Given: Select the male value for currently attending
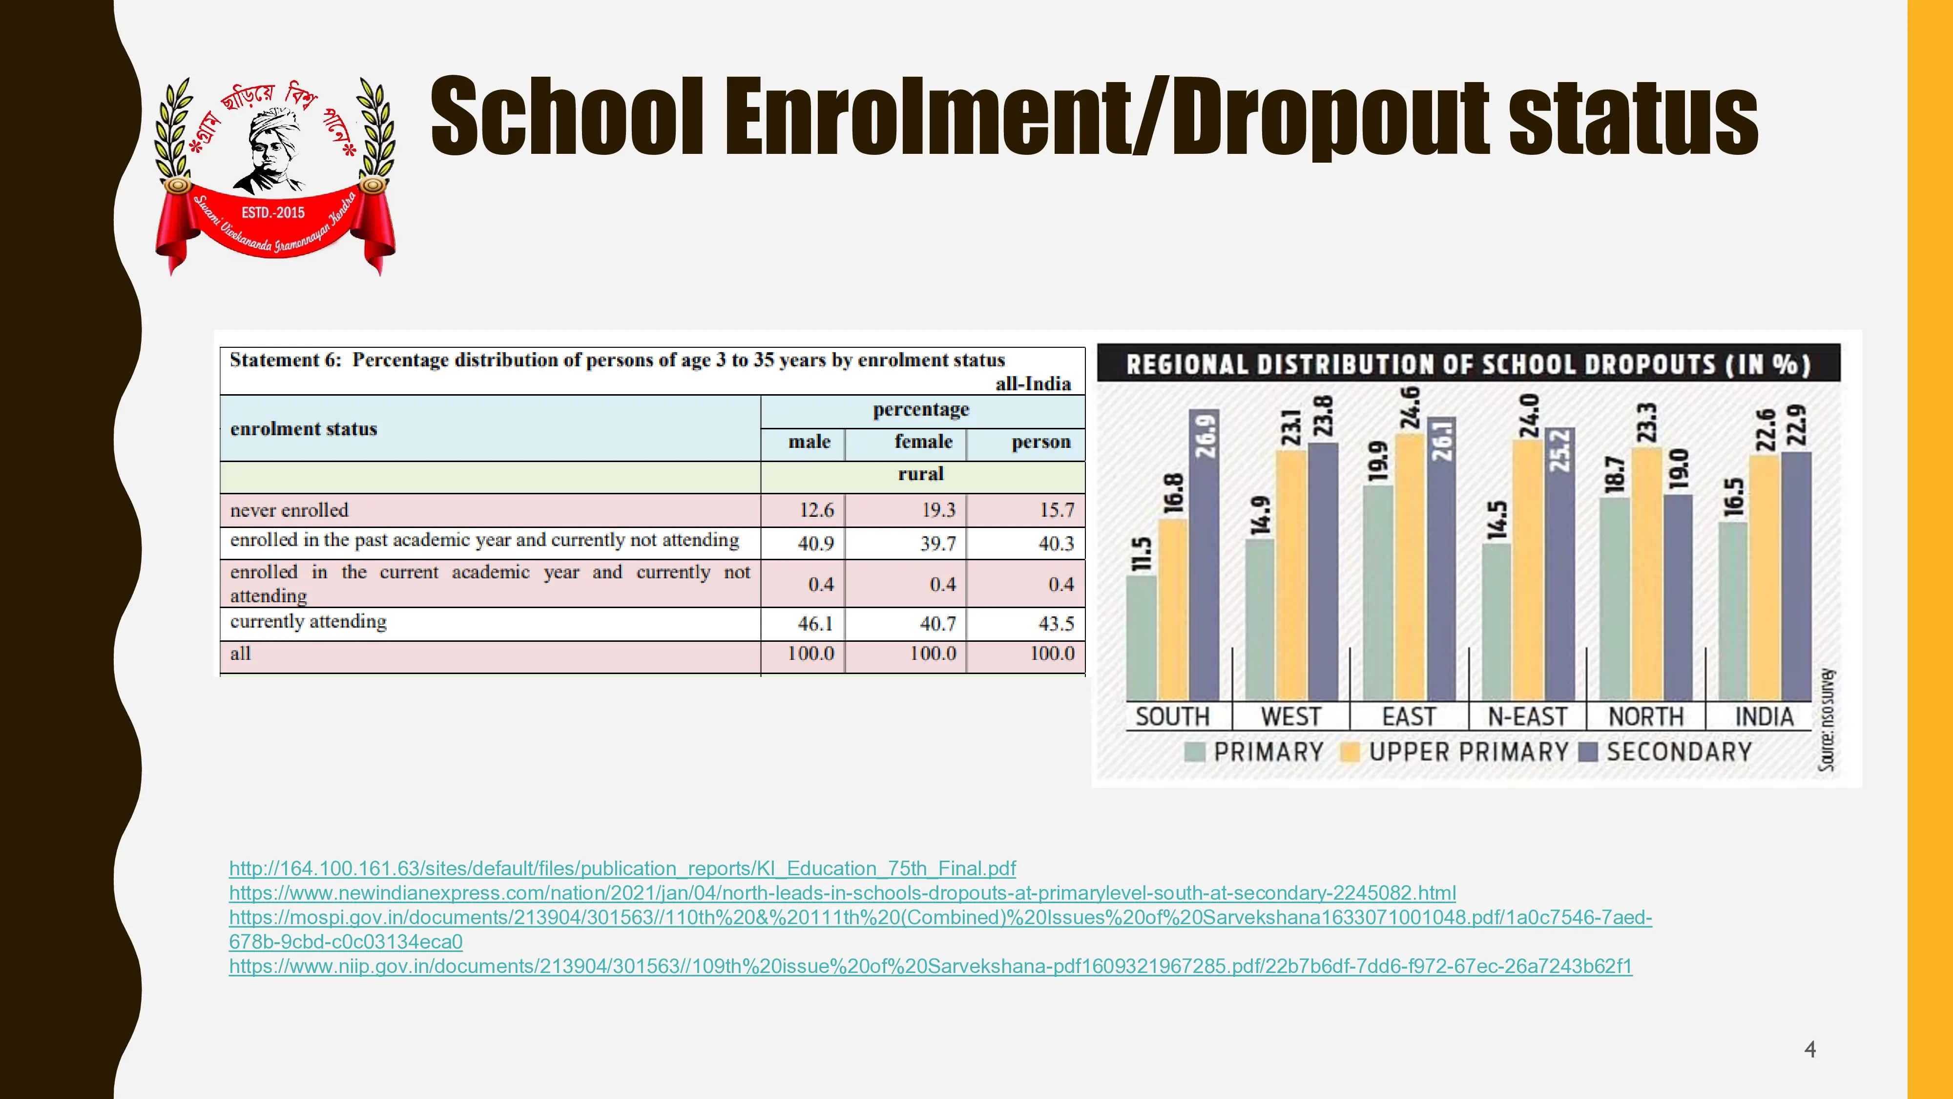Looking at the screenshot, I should (x=815, y=623).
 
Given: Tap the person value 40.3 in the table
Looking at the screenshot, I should (x=1056, y=544).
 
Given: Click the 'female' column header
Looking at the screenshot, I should (x=923, y=442).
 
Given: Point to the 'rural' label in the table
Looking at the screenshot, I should (x=920, y=474).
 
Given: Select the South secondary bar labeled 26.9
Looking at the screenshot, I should (x=1204, y=561).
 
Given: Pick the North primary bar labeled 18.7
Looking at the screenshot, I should (x=1614, y=599).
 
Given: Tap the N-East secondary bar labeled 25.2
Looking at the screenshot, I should (x=1559, y=569).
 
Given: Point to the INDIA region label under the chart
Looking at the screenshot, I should (x=1764, y=717).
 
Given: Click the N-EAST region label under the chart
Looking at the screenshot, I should (x=1527, y=717).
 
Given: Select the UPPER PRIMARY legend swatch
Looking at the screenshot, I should (x=1350, y=752).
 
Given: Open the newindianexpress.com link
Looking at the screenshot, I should (x=842, y=893).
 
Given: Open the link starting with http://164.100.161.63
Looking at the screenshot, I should (x=622, y=868).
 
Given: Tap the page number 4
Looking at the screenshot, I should (x=1810, y=1050).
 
